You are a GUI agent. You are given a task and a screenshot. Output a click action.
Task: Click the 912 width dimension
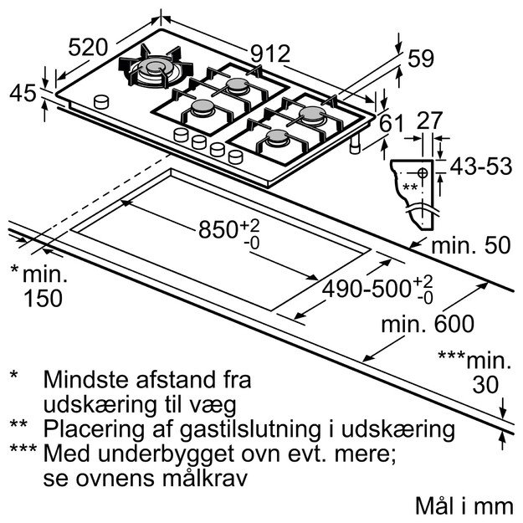click(x=270, y=55)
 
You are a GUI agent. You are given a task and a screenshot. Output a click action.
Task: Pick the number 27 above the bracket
click(x=429, y=120)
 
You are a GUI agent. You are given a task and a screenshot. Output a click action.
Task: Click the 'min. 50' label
click(x=471, y=247)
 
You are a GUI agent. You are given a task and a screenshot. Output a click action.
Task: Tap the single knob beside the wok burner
click(x=102, y=100)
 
